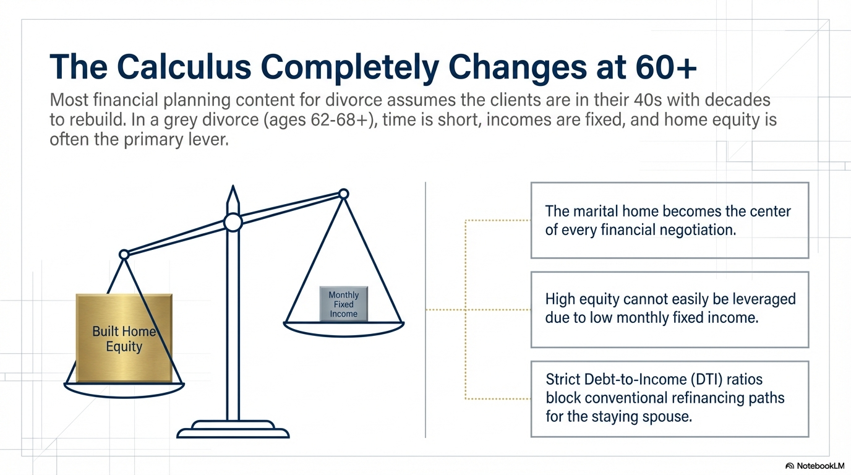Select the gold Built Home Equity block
(124, 338)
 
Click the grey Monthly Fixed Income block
(343, 304)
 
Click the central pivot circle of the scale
(233, 222)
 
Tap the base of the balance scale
(233, 429)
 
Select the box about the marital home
(670, 220)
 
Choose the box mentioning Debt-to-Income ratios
(670, 398)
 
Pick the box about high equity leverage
(670, 309)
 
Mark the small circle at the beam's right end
(344, 194)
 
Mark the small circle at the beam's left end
(124, 254)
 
